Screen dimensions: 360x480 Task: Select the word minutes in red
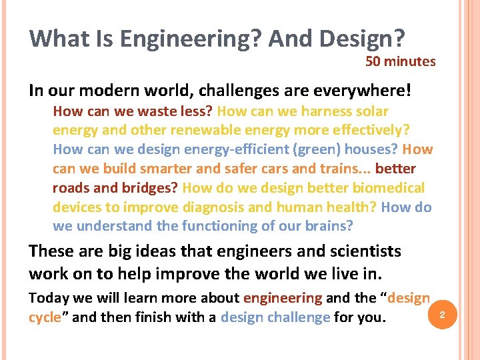(410, 62)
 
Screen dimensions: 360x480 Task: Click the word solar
(373, 111)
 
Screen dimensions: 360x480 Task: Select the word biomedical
(388, 188)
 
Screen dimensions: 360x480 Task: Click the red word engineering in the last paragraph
(283, 298)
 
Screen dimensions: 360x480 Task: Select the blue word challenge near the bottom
(299, 317)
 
